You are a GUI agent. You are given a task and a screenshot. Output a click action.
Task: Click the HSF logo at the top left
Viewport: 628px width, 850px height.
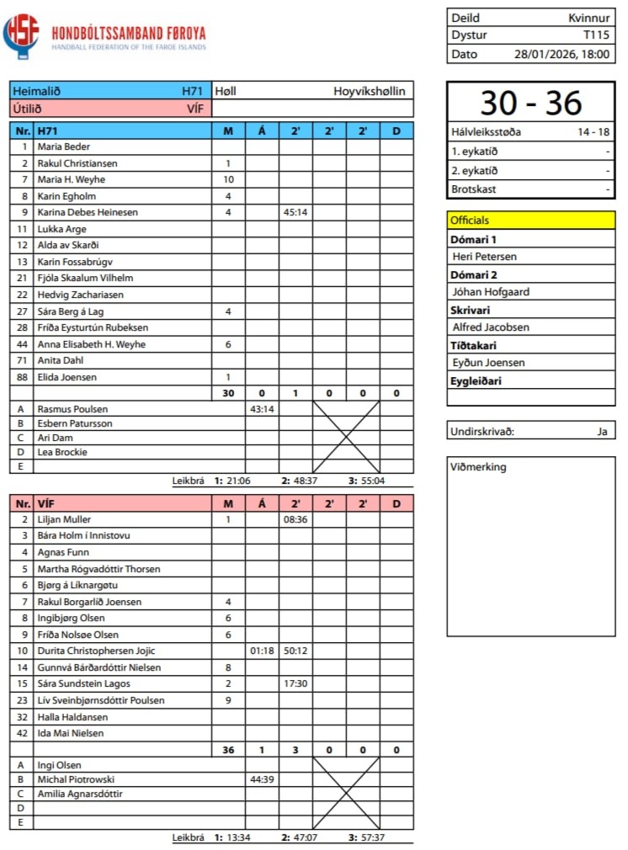[x=21, y=35]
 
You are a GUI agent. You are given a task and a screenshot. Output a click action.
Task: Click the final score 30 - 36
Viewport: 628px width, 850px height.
[x=531, y=103]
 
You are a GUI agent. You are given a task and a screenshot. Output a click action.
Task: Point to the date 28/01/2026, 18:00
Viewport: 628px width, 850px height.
[x=562, y=54]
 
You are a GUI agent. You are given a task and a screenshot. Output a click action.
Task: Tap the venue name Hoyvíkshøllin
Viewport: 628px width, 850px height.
[x=370, y=91]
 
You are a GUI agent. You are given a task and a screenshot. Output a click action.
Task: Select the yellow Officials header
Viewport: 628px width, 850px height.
[x=531, y=220]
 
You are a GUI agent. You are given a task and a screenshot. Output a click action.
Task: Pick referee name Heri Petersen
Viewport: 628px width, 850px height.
[x=484, y=257]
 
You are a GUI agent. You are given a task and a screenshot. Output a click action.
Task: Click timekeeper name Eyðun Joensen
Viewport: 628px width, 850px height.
[x=488, y=363]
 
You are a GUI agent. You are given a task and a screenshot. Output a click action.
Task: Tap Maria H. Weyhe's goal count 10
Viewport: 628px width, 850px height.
[x=228, y=180]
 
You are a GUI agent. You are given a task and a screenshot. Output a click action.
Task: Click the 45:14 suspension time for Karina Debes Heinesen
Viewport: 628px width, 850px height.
[x=295, y=213]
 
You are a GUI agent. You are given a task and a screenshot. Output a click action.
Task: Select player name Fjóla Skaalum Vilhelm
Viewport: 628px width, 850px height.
[x=85, y=279]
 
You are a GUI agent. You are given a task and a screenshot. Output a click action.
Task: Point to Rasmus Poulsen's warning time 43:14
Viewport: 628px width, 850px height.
[x=262, y=409]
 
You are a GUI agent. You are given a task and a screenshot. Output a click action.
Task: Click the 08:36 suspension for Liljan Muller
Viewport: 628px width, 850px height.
[x=295, y=520]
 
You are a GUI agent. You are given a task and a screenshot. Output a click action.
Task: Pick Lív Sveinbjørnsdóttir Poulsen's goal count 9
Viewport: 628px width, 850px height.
[x=228, y=701]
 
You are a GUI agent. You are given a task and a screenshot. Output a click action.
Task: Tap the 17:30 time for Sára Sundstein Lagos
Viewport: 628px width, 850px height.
[x=295, y=684]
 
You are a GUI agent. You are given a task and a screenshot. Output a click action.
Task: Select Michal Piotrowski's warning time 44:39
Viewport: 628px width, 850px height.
[x=262, y=780]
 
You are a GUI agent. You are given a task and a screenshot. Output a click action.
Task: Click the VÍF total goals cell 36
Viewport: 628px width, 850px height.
[x=228, y=751]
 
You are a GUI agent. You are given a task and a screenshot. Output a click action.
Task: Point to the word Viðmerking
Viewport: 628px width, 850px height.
[x=479, y=467]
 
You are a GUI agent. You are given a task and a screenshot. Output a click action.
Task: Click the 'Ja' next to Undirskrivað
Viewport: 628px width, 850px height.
[x=601, y=432]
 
